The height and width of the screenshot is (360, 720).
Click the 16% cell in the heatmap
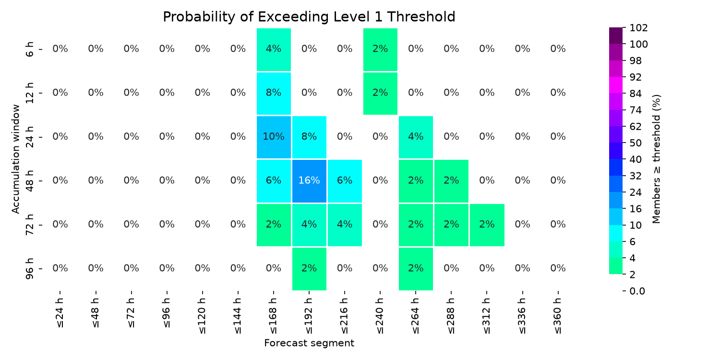tap(309, 181)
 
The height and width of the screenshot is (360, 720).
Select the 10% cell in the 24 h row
tap(274, 137)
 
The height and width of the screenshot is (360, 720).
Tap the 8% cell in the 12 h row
tap(274, 93)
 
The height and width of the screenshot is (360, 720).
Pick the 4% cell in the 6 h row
tap(274, 49)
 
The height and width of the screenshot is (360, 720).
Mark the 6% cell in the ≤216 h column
tap(345, 181)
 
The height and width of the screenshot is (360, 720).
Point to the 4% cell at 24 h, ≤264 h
tap(416, 137)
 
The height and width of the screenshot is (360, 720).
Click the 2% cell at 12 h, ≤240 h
tap(380, 93)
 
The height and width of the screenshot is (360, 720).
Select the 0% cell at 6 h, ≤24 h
tap(60, 49)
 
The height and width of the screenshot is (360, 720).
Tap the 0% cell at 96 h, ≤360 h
tap(558, 268)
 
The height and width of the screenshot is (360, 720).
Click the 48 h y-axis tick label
tap(29, 181)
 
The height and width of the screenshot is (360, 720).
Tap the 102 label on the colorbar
tap(638, 28)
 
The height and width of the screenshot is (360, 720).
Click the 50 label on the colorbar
tap(636, 143)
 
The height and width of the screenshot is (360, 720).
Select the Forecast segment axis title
tap(309, 343)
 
